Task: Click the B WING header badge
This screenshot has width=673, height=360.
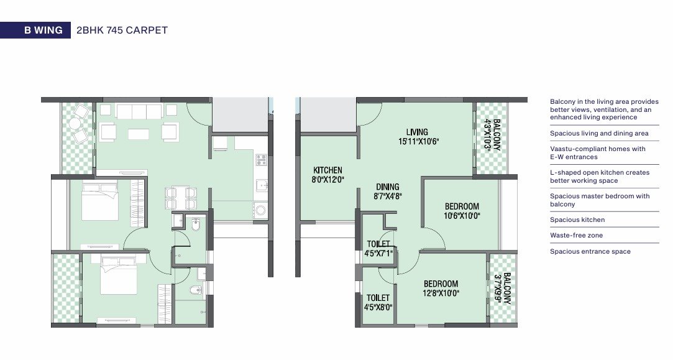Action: click(35, 30)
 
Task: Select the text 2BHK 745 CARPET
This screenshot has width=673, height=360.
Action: click(122, 30)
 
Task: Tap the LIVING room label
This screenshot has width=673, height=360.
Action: click(417, 132)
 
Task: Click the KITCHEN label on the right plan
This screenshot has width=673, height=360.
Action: click(327, 170)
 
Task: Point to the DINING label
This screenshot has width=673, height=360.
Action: click(388, 187)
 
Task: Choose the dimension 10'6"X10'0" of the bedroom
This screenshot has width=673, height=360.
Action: click(462, 216)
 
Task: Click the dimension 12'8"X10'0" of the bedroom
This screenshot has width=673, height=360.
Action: click(441, 293)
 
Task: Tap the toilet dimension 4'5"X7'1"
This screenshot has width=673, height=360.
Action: click(378, 254)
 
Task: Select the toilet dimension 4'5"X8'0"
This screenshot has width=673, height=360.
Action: click(378, 308)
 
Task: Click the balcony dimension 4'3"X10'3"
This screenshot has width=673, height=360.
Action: click(488, 134)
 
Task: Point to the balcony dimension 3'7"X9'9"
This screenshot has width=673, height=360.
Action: click(498, 288)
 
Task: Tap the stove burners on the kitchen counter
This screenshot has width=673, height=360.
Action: click(261, 160)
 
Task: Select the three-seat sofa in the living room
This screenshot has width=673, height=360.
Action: click(139, 112)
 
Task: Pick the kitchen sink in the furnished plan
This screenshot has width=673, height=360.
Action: click(262, 186)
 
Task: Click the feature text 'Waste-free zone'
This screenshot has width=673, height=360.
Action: click(577, 236)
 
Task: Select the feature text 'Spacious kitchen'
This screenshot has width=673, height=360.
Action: click(577, 219)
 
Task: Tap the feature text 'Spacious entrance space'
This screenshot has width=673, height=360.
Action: click(590, 251)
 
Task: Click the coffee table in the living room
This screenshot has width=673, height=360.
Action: click(139, 134)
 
